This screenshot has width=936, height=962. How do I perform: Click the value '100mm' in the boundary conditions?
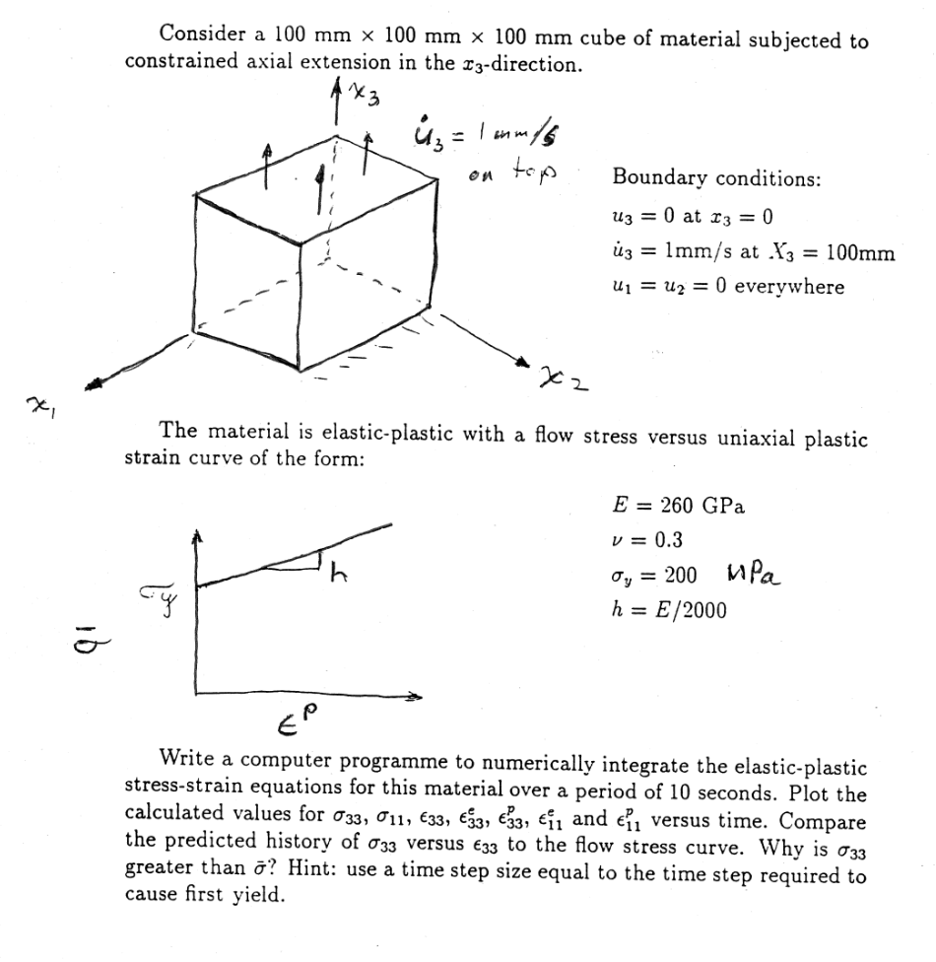point(860,251)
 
